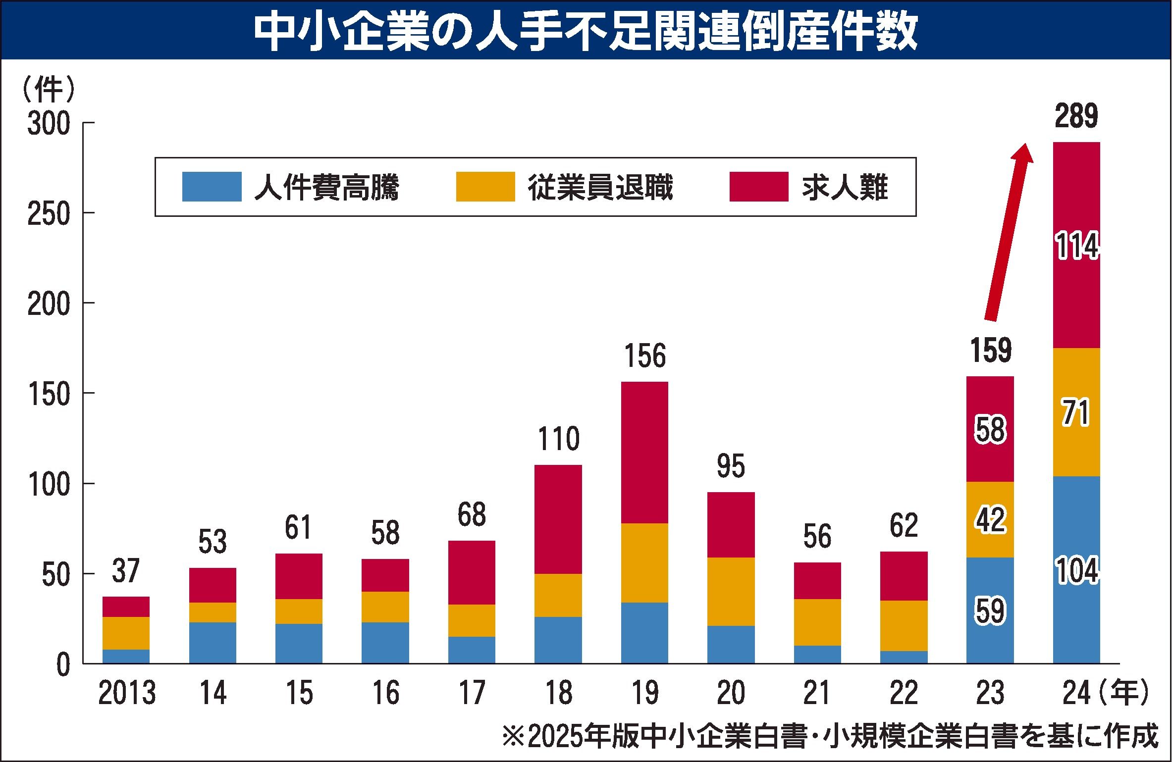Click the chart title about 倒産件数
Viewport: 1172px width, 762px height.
click(586, 31)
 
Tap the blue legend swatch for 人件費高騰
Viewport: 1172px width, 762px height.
click(212, 187)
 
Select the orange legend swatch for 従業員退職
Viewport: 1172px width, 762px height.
click(485, 187)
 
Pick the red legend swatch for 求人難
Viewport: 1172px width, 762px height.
click(758, 187)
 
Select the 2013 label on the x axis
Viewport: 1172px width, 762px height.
click(127, 693)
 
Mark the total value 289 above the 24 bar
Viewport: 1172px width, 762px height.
click(1076, 117)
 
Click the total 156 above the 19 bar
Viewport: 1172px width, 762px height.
click(644, 356)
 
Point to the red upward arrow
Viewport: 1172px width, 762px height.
click(1006, 238)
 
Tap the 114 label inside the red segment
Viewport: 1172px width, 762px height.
click(1076, 247)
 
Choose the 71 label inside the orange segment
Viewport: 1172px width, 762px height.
click(1076, 413)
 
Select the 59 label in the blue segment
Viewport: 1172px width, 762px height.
click(990, 611)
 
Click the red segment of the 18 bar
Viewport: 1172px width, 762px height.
click(558, 519)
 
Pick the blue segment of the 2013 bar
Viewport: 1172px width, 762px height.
click(126, 656)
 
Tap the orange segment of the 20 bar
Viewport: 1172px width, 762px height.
click(731, 591)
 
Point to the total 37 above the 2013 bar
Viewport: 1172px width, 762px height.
click(126, 571)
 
